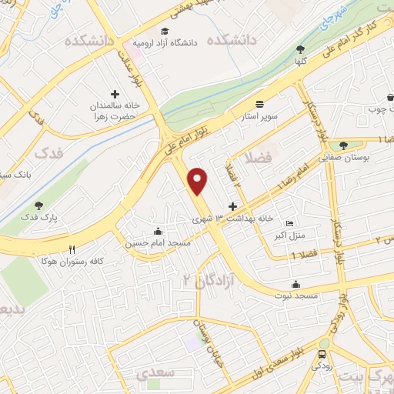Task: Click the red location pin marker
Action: [199, 180]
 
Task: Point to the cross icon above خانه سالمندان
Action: [115, 94]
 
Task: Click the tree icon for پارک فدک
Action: [39, 205]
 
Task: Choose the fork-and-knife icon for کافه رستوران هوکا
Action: [72, 249]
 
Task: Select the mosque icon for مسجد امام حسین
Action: [159, 230]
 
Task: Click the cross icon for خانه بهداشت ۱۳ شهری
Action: [232, 206]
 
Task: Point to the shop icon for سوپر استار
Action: [259, 104]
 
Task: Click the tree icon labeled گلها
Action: [299, 48]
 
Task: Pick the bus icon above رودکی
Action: [321, 356]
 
